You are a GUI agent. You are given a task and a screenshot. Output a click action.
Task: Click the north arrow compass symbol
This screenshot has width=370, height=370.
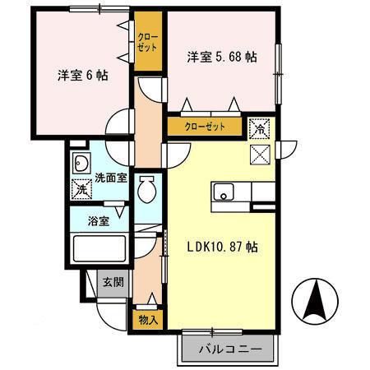315,301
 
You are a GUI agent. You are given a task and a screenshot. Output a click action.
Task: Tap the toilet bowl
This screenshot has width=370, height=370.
147,189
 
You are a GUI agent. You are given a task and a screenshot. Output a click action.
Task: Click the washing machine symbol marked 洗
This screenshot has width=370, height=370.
81,189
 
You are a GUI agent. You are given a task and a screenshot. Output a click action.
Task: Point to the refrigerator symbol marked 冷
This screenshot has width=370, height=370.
259,128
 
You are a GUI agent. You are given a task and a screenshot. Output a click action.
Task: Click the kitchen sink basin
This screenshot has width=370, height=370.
224,192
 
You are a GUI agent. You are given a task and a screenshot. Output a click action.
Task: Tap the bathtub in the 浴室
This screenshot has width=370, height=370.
99,248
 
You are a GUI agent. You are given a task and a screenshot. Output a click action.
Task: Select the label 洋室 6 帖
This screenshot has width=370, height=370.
83,76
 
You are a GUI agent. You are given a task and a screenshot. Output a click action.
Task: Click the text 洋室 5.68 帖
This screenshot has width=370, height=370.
222,58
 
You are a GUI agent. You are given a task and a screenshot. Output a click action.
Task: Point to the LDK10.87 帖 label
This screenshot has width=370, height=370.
222,247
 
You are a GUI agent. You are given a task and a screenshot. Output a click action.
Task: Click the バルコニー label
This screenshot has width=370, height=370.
230,349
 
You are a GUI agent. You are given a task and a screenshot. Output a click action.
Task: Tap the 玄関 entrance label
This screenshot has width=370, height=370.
113,282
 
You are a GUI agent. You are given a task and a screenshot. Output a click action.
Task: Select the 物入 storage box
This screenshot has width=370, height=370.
148,320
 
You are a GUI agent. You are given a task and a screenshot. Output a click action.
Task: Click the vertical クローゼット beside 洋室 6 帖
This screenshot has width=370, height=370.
148,42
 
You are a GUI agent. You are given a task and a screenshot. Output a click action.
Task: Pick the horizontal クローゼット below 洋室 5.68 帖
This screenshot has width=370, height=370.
205,127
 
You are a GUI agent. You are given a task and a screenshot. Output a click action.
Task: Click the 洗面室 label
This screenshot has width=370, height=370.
111,178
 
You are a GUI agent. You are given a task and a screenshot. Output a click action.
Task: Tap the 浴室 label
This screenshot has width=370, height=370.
99,221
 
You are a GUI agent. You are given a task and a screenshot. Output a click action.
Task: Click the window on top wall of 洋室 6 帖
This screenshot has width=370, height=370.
99,9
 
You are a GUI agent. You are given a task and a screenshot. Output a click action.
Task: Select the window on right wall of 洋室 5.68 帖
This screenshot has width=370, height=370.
278,74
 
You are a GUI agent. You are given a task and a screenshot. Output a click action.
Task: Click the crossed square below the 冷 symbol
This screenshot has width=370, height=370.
260,155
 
